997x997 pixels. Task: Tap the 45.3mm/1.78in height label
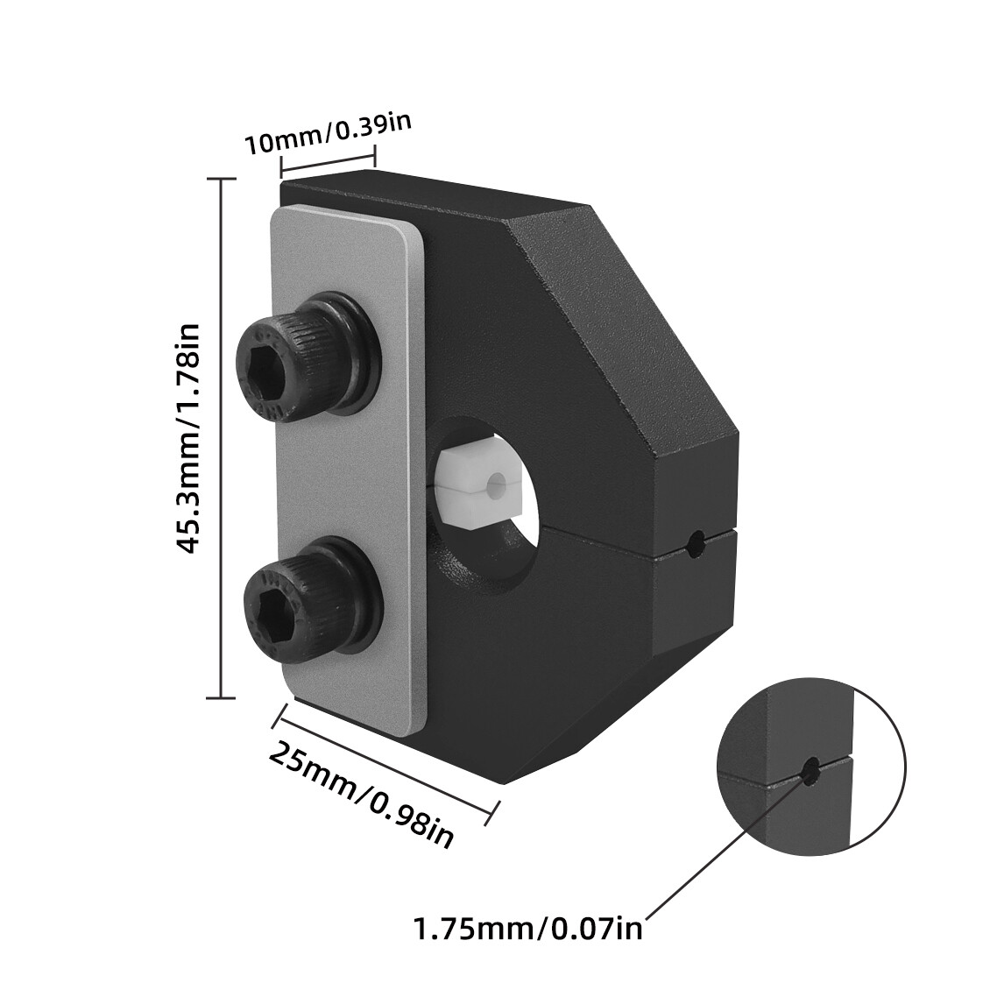tap(188, 437)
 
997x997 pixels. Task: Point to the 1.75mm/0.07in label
tap(528, 926)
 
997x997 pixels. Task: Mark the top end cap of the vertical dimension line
tap(220, 179)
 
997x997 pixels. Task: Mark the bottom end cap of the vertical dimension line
tap(220, 697)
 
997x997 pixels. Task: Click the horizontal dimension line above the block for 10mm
tap(327, 163)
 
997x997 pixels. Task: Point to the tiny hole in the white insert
tap(497, 481)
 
